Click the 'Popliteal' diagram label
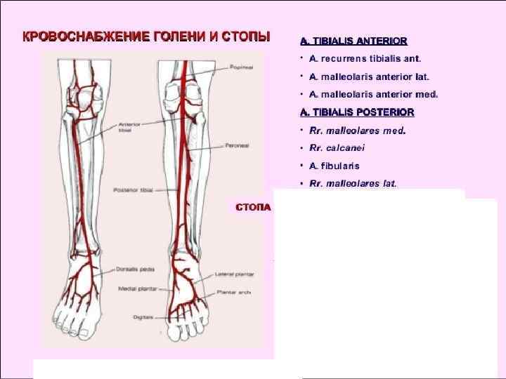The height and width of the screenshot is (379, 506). coord(241,67)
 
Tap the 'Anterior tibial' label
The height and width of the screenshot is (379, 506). coord(130,126)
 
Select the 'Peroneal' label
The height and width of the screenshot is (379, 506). coord(234,146)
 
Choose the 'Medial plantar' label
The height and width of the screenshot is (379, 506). coord(132,288)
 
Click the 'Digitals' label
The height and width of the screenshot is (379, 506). coord(143,317)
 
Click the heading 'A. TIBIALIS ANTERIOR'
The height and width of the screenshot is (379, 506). coord(353,41)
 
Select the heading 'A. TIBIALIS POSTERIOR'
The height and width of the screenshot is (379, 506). coord(357,112)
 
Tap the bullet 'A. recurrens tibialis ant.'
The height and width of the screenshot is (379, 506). coord(365,59)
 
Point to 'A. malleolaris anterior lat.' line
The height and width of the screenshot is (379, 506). coord(369,76)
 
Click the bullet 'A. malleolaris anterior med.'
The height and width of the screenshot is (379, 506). coord(373,93)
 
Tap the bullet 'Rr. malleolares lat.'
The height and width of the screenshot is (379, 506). coord(353,183)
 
